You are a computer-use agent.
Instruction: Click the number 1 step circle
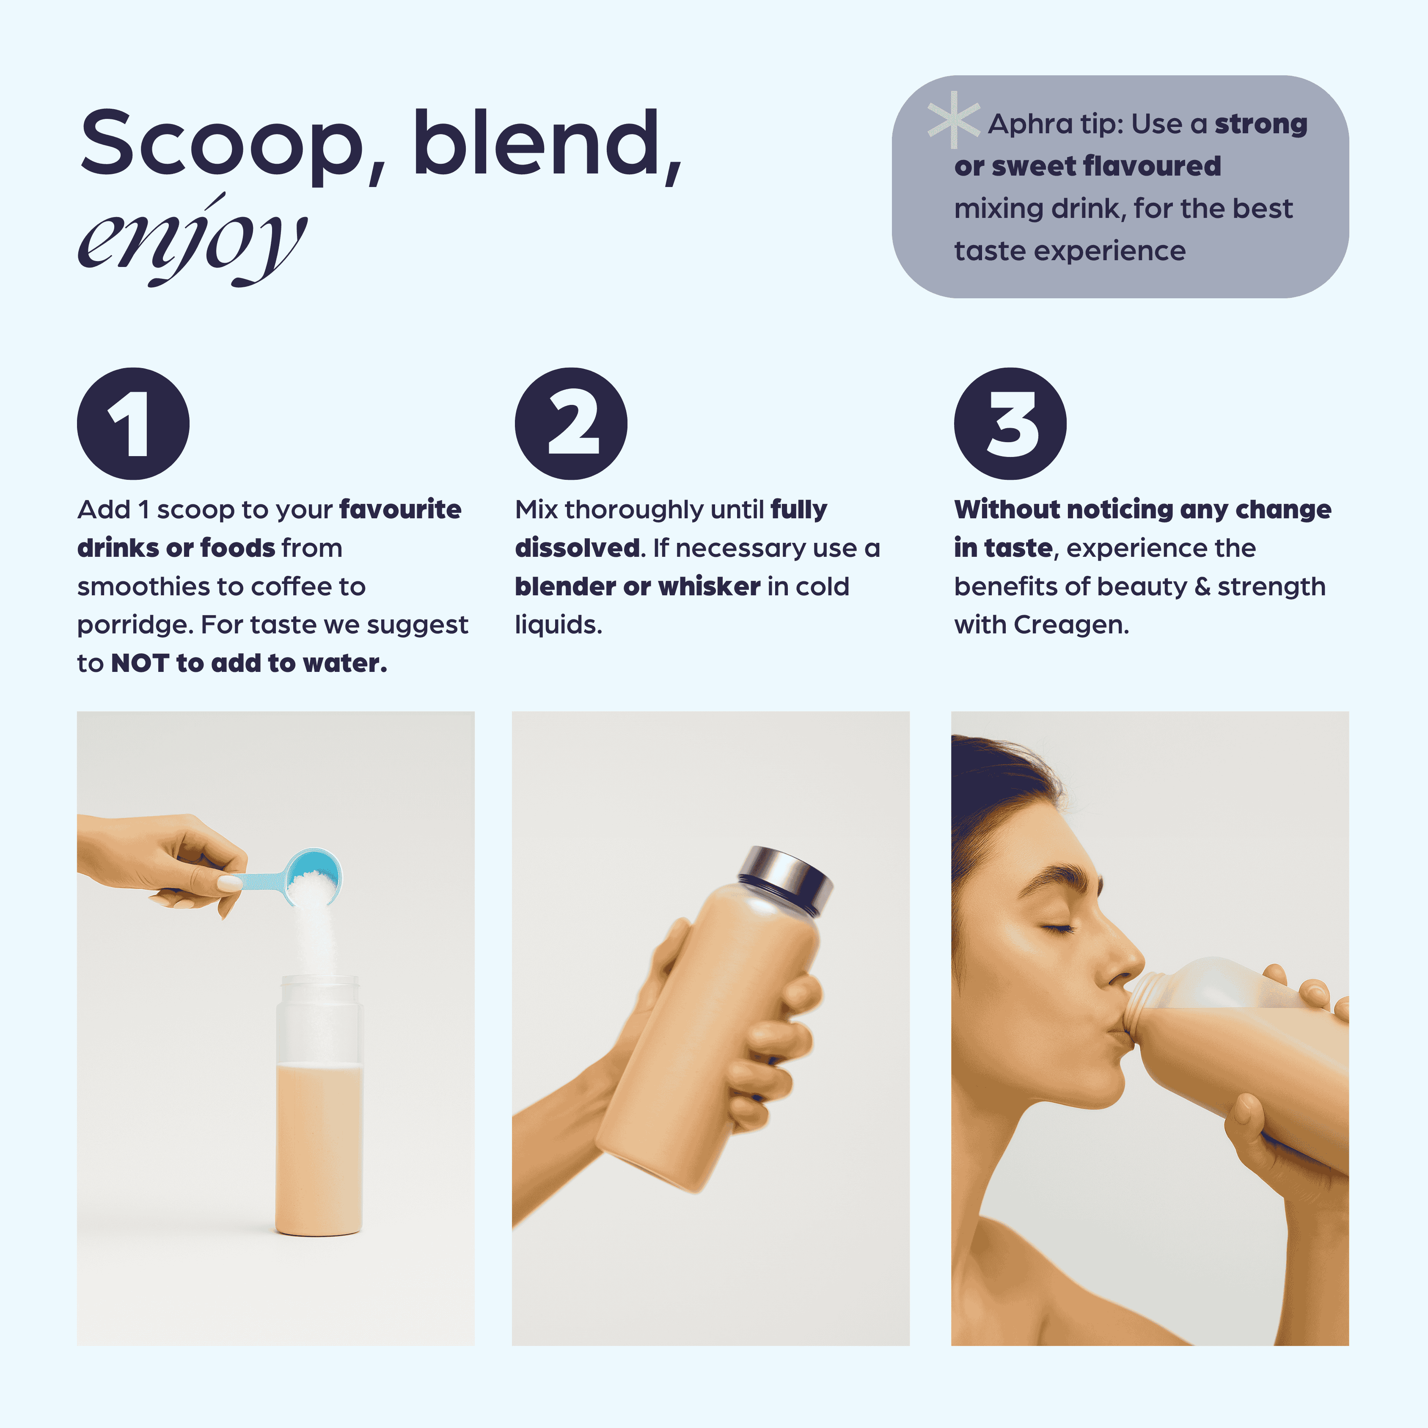133,424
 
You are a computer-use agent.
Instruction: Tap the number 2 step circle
571,424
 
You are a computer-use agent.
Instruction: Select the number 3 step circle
1010,424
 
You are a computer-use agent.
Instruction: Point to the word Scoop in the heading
222,144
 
